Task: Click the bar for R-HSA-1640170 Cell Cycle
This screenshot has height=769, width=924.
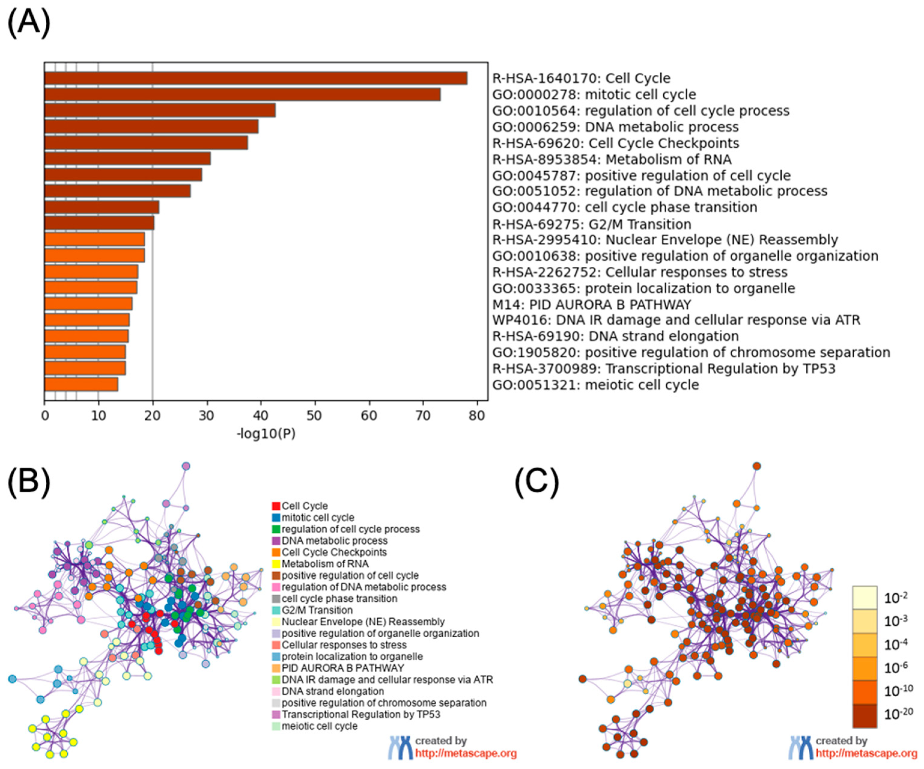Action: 256,78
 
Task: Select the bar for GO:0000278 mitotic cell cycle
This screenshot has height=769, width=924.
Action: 242,95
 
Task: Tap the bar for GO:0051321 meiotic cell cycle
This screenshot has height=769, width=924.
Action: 81,384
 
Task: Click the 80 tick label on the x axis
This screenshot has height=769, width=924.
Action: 477,416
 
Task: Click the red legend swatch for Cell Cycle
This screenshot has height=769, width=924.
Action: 276,506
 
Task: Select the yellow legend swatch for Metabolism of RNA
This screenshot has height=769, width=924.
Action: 276,564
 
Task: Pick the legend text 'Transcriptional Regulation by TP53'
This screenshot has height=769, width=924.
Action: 361,714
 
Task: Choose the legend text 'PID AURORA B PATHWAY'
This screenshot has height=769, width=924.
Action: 343,668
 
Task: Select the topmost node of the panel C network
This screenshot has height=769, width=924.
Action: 756,466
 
